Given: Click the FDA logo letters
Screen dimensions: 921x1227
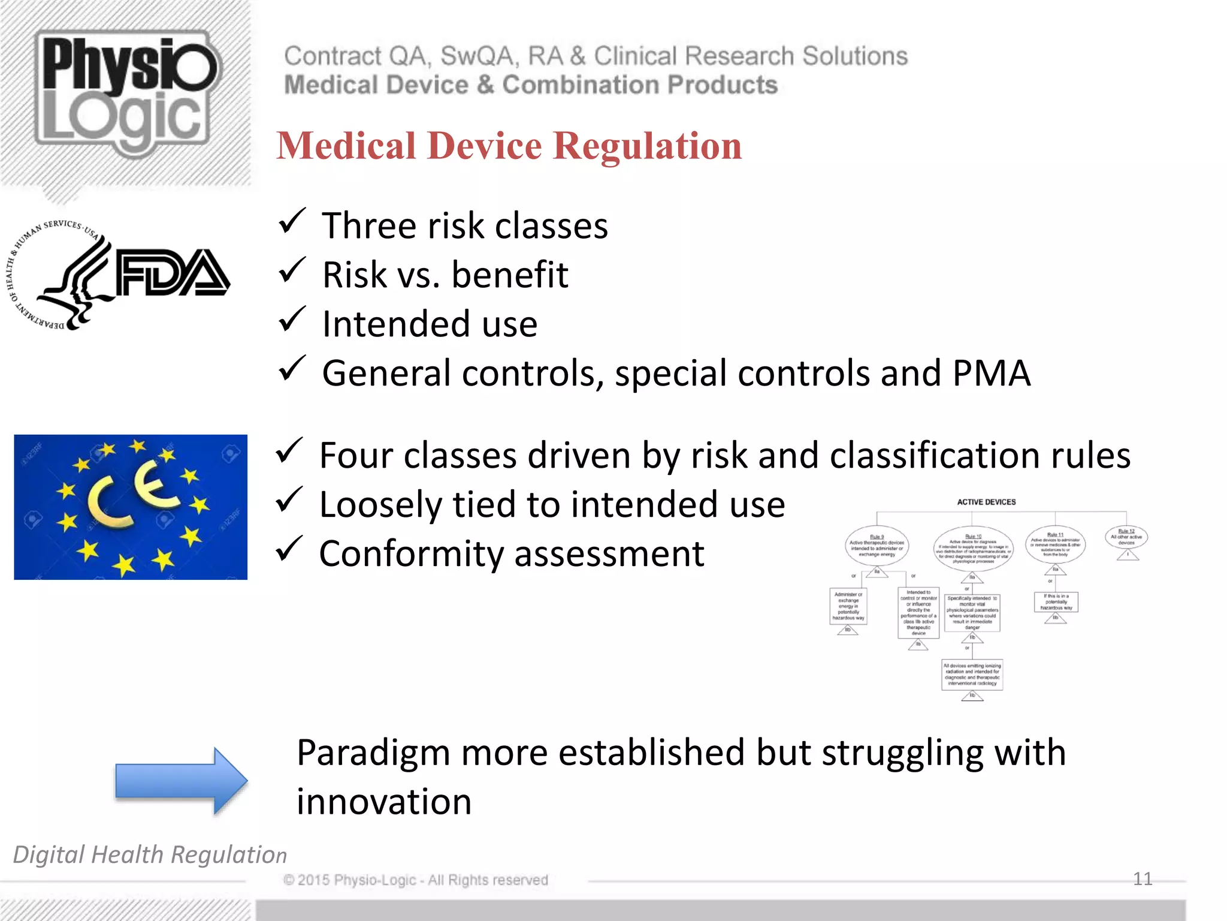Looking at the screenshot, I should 173,273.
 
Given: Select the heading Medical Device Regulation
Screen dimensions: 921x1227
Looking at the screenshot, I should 509,146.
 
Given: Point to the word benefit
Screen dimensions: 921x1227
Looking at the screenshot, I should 509,275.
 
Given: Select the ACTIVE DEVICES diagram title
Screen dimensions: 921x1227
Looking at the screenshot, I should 986,502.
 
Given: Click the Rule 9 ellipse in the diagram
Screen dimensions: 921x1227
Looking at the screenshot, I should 877,546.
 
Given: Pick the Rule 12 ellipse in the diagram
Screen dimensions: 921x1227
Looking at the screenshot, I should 1126,537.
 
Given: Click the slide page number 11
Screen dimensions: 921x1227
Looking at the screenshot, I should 1143,879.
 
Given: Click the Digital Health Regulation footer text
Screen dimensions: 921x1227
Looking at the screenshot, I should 150,854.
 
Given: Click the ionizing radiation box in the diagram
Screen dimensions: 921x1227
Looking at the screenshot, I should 972,674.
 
